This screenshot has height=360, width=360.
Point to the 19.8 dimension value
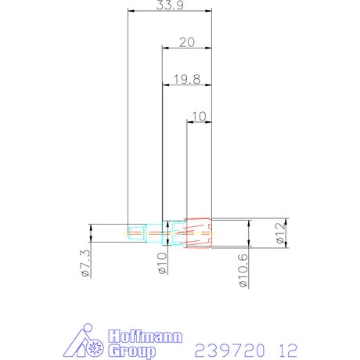(185, 78)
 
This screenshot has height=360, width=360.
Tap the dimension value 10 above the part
(198, 117)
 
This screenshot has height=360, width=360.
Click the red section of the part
(199, 232)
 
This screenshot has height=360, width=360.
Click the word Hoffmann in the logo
(145, 338)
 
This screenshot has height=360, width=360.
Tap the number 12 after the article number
(287, 347)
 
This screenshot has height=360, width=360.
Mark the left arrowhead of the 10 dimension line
(189, 122)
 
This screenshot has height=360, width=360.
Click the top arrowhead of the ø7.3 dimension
(91, 226)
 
